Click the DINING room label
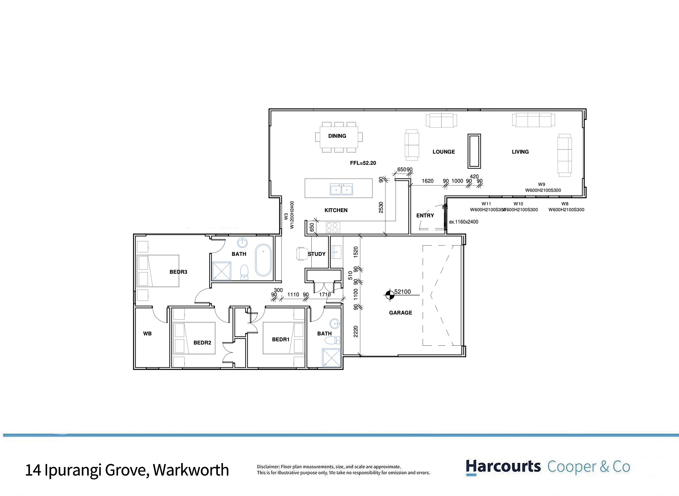pos(337,136)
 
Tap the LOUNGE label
pos(444,152)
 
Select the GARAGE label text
pos(400,313)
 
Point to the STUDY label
pos(316,254)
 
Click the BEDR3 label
pos(178,272)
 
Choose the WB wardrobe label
pos(147,333)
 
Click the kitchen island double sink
pos(341,189)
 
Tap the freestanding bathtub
pos(263,260)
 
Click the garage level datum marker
pos(390,295)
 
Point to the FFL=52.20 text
pos(363,163)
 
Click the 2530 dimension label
pos(381,207)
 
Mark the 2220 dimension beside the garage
pos(356,332)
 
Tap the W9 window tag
pos(542,184)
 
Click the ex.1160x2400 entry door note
pos(464,222)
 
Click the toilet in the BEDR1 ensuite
pos(332,340)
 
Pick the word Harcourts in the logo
pos(503,467)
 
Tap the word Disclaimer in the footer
pos(268,467)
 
